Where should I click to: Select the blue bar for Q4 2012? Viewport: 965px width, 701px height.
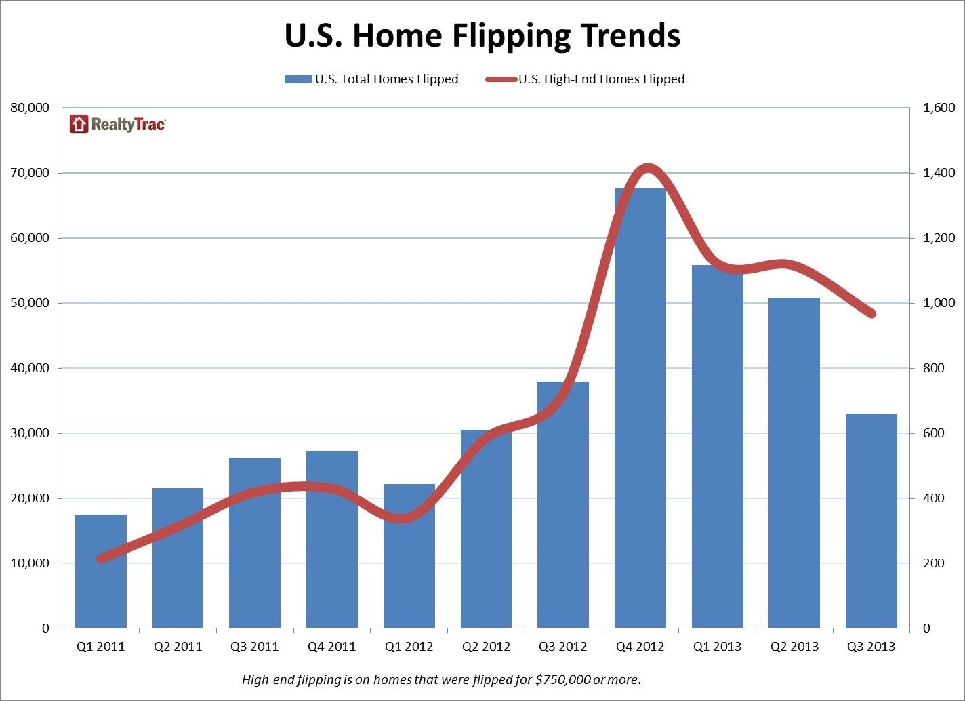click(640, 407)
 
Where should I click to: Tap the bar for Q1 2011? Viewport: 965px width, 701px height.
click(101, 571)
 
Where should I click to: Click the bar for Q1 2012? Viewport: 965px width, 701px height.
click(409, 556)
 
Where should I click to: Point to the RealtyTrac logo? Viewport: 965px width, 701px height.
click(118, 124)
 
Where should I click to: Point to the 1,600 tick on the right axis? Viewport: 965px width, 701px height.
click(939, 108)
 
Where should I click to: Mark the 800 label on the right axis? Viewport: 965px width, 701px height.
click(935, 368)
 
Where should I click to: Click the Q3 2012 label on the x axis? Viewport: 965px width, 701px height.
click(562, 647)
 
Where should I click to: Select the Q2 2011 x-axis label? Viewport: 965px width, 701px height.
click(178, 647)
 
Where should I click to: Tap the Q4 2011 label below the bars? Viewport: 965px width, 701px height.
click(331, 647)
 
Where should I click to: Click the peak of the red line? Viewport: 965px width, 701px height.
click(648, 168)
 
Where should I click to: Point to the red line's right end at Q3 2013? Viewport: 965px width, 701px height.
click(871, 314)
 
